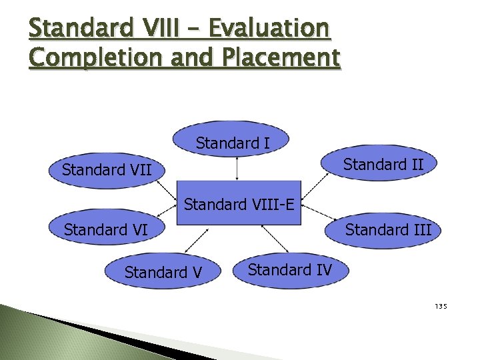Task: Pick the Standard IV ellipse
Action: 289,269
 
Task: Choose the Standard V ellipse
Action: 163,272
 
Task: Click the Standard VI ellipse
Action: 105,231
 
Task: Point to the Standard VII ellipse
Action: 107,171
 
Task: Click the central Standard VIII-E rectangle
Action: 239,203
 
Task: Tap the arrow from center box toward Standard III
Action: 317,215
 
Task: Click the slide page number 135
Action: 441,307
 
